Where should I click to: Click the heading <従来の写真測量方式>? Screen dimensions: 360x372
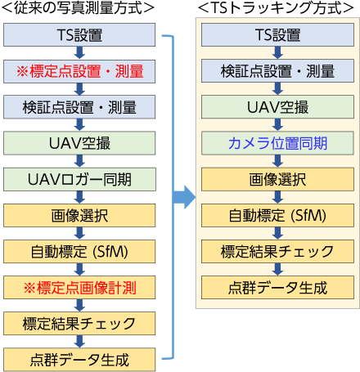coord(78,8)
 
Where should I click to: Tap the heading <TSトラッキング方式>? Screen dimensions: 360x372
coord(276,8)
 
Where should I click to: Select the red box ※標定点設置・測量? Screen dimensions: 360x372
coord(79,71)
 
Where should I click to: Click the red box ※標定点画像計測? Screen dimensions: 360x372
coord(79,288)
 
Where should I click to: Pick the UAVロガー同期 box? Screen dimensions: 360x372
coord(79,179)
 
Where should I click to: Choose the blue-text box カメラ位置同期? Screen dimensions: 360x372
coord(277,143)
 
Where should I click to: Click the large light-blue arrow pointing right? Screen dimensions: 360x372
coord(184,197)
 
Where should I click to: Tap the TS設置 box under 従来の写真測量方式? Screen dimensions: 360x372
coord(79,34)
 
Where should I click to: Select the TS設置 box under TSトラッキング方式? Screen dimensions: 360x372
coord(277,34)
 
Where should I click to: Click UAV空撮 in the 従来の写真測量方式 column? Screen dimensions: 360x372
coord(79,143)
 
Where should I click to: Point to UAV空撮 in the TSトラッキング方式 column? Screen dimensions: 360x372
coord(277,107)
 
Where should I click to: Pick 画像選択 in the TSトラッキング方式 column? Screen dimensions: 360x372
coord(277,179)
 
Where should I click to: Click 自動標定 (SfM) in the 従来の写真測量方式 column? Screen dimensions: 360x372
coord(79,251)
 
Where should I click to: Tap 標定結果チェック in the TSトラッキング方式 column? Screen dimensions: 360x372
coord(277,251)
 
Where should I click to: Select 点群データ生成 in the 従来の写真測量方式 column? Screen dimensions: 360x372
coord(79,360)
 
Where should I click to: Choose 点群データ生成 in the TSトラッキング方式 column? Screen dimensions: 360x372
coord(277,288)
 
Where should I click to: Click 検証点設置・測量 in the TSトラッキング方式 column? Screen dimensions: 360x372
coord(277,71)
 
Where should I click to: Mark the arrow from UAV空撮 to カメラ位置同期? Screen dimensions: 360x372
coord(277,125)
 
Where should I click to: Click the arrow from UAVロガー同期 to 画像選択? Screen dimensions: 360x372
coord(79,197)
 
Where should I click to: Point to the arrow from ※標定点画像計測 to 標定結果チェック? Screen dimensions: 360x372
coord(79,306)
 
